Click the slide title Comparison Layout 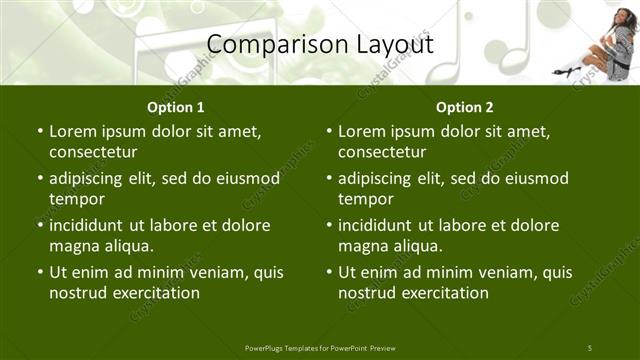[x=320, y=45]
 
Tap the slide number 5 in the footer [x=589, y=347]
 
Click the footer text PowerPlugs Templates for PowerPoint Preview [x=320, y=347]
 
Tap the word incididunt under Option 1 [x=92, y=225]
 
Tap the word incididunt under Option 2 [x=381, y=225]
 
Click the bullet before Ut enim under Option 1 [x=39, y=272]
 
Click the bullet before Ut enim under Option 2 [x=328, y=272]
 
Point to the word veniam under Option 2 [x=489, y=272]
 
